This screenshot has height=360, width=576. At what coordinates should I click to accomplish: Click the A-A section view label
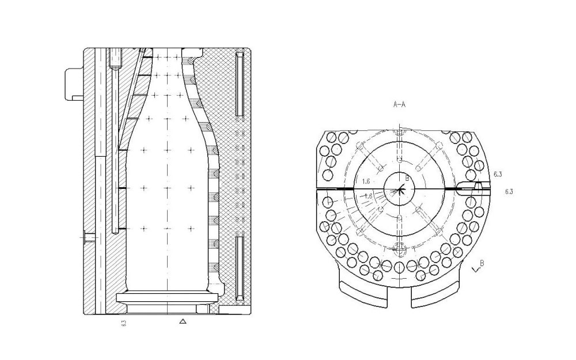point(399,105)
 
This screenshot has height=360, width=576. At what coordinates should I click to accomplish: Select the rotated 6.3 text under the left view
point(124,323)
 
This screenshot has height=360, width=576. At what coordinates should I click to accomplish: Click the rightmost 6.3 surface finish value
point(509,191)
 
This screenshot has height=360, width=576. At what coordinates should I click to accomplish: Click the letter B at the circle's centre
point(407,179)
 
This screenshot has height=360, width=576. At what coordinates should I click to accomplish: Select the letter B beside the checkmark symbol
point(482,263)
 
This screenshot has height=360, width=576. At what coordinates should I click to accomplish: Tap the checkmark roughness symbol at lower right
point(475,268)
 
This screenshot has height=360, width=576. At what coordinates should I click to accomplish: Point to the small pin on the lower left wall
point(88,236)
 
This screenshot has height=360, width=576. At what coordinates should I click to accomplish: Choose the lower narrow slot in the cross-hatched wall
point(240,267)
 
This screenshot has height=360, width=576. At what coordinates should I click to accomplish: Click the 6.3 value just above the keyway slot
point(498,173)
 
